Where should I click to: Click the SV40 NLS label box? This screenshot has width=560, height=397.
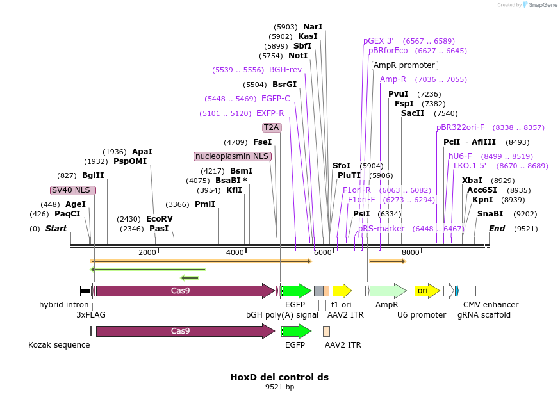[x=73, y=190]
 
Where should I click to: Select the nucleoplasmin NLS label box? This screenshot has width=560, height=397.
[x=233, y=156]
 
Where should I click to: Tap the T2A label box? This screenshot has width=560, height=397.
[x=272, y=127]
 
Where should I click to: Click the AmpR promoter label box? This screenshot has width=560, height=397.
[x=405, y=65]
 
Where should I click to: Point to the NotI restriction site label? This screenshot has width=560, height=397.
[x=298, y=56]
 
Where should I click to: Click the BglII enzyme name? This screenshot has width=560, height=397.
[x=93, y=175]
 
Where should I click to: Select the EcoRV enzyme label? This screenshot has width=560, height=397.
[x=160, y=219]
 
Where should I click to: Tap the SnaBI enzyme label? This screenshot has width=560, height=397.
[x=490, y=214]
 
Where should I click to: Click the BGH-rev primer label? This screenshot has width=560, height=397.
[x=285, y=70]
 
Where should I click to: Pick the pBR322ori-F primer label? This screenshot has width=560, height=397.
[x=460, y=127]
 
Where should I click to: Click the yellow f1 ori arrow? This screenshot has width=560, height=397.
[x=342, y=291]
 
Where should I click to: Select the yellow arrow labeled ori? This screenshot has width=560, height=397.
[x=427, y=291]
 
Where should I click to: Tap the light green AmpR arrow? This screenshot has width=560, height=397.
[x=388, y=291]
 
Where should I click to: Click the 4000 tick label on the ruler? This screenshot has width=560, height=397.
[x=235, y=252]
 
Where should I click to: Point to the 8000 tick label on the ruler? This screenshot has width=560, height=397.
[x=410, y=252]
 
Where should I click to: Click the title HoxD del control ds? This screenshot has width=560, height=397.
[x=279, y=377]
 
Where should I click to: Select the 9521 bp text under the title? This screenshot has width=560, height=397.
[x=279, y=387]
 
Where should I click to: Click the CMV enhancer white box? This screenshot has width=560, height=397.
[x=469, y=291]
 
